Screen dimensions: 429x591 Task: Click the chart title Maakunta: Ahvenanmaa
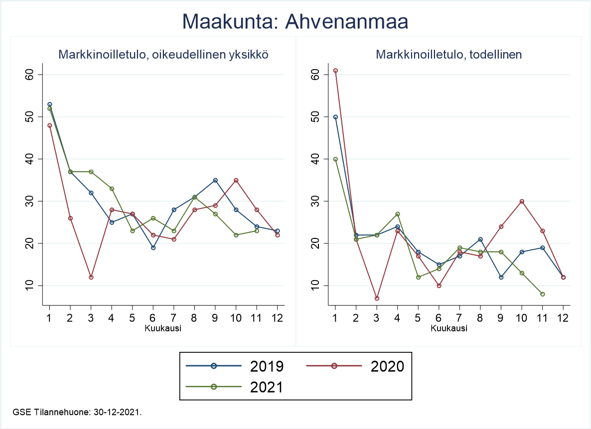coord(295,21)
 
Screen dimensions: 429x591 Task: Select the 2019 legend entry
coord(235,366)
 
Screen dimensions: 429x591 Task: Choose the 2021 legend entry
coord(235,387)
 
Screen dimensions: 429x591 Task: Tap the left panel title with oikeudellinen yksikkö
coord(163,55)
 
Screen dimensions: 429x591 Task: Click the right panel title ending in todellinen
coord(449,55)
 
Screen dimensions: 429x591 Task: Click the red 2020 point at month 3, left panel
coord(91,277)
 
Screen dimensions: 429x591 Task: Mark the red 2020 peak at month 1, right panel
coord(335,71)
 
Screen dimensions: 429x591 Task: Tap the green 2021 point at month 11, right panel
coord(542,294)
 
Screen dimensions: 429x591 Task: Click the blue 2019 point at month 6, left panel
coord(153,247)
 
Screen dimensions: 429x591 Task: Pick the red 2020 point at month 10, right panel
coord(521,201)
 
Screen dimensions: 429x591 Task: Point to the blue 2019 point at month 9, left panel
coord(215,180)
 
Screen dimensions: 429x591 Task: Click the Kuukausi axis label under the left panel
coord(163,328)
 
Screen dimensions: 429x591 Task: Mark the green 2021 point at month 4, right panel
coord(398,214)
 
